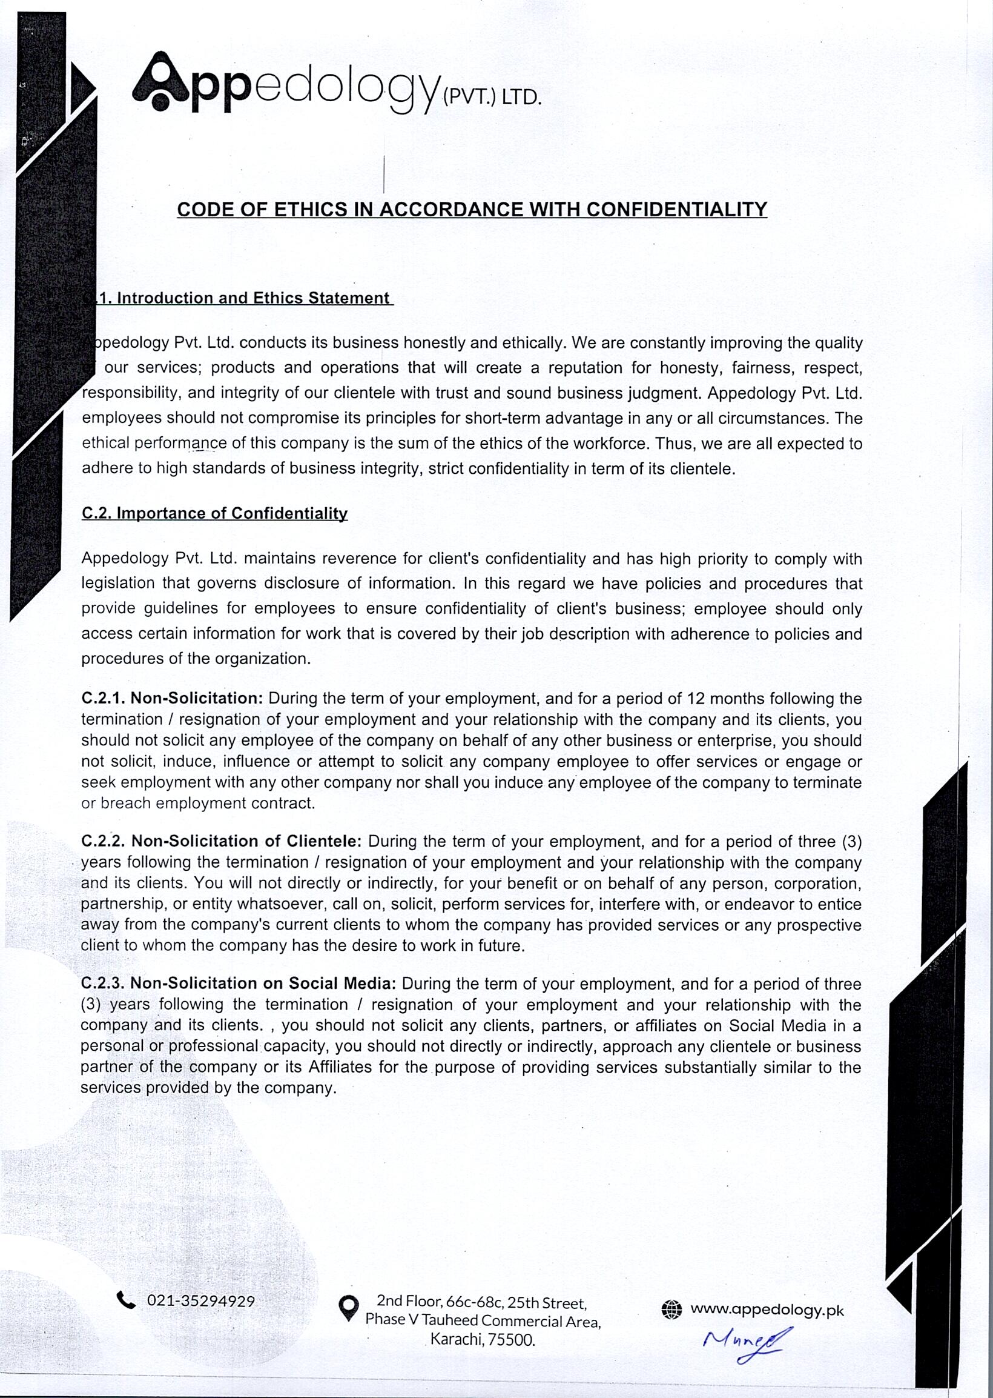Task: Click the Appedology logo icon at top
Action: pos(160,82)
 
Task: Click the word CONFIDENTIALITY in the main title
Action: pos(676,209)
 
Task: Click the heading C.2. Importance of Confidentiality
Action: pos(214,513)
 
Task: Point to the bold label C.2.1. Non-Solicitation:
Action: pos(172,698)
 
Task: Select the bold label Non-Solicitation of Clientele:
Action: pos(246,840)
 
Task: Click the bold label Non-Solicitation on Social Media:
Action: pos(263,983)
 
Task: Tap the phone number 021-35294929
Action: pos(200,1300)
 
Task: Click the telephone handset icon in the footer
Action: pos(126,1299)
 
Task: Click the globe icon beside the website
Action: pos(671,1310)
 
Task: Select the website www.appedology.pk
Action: pos(767,1310)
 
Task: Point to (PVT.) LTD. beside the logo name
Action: pos(492,98)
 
